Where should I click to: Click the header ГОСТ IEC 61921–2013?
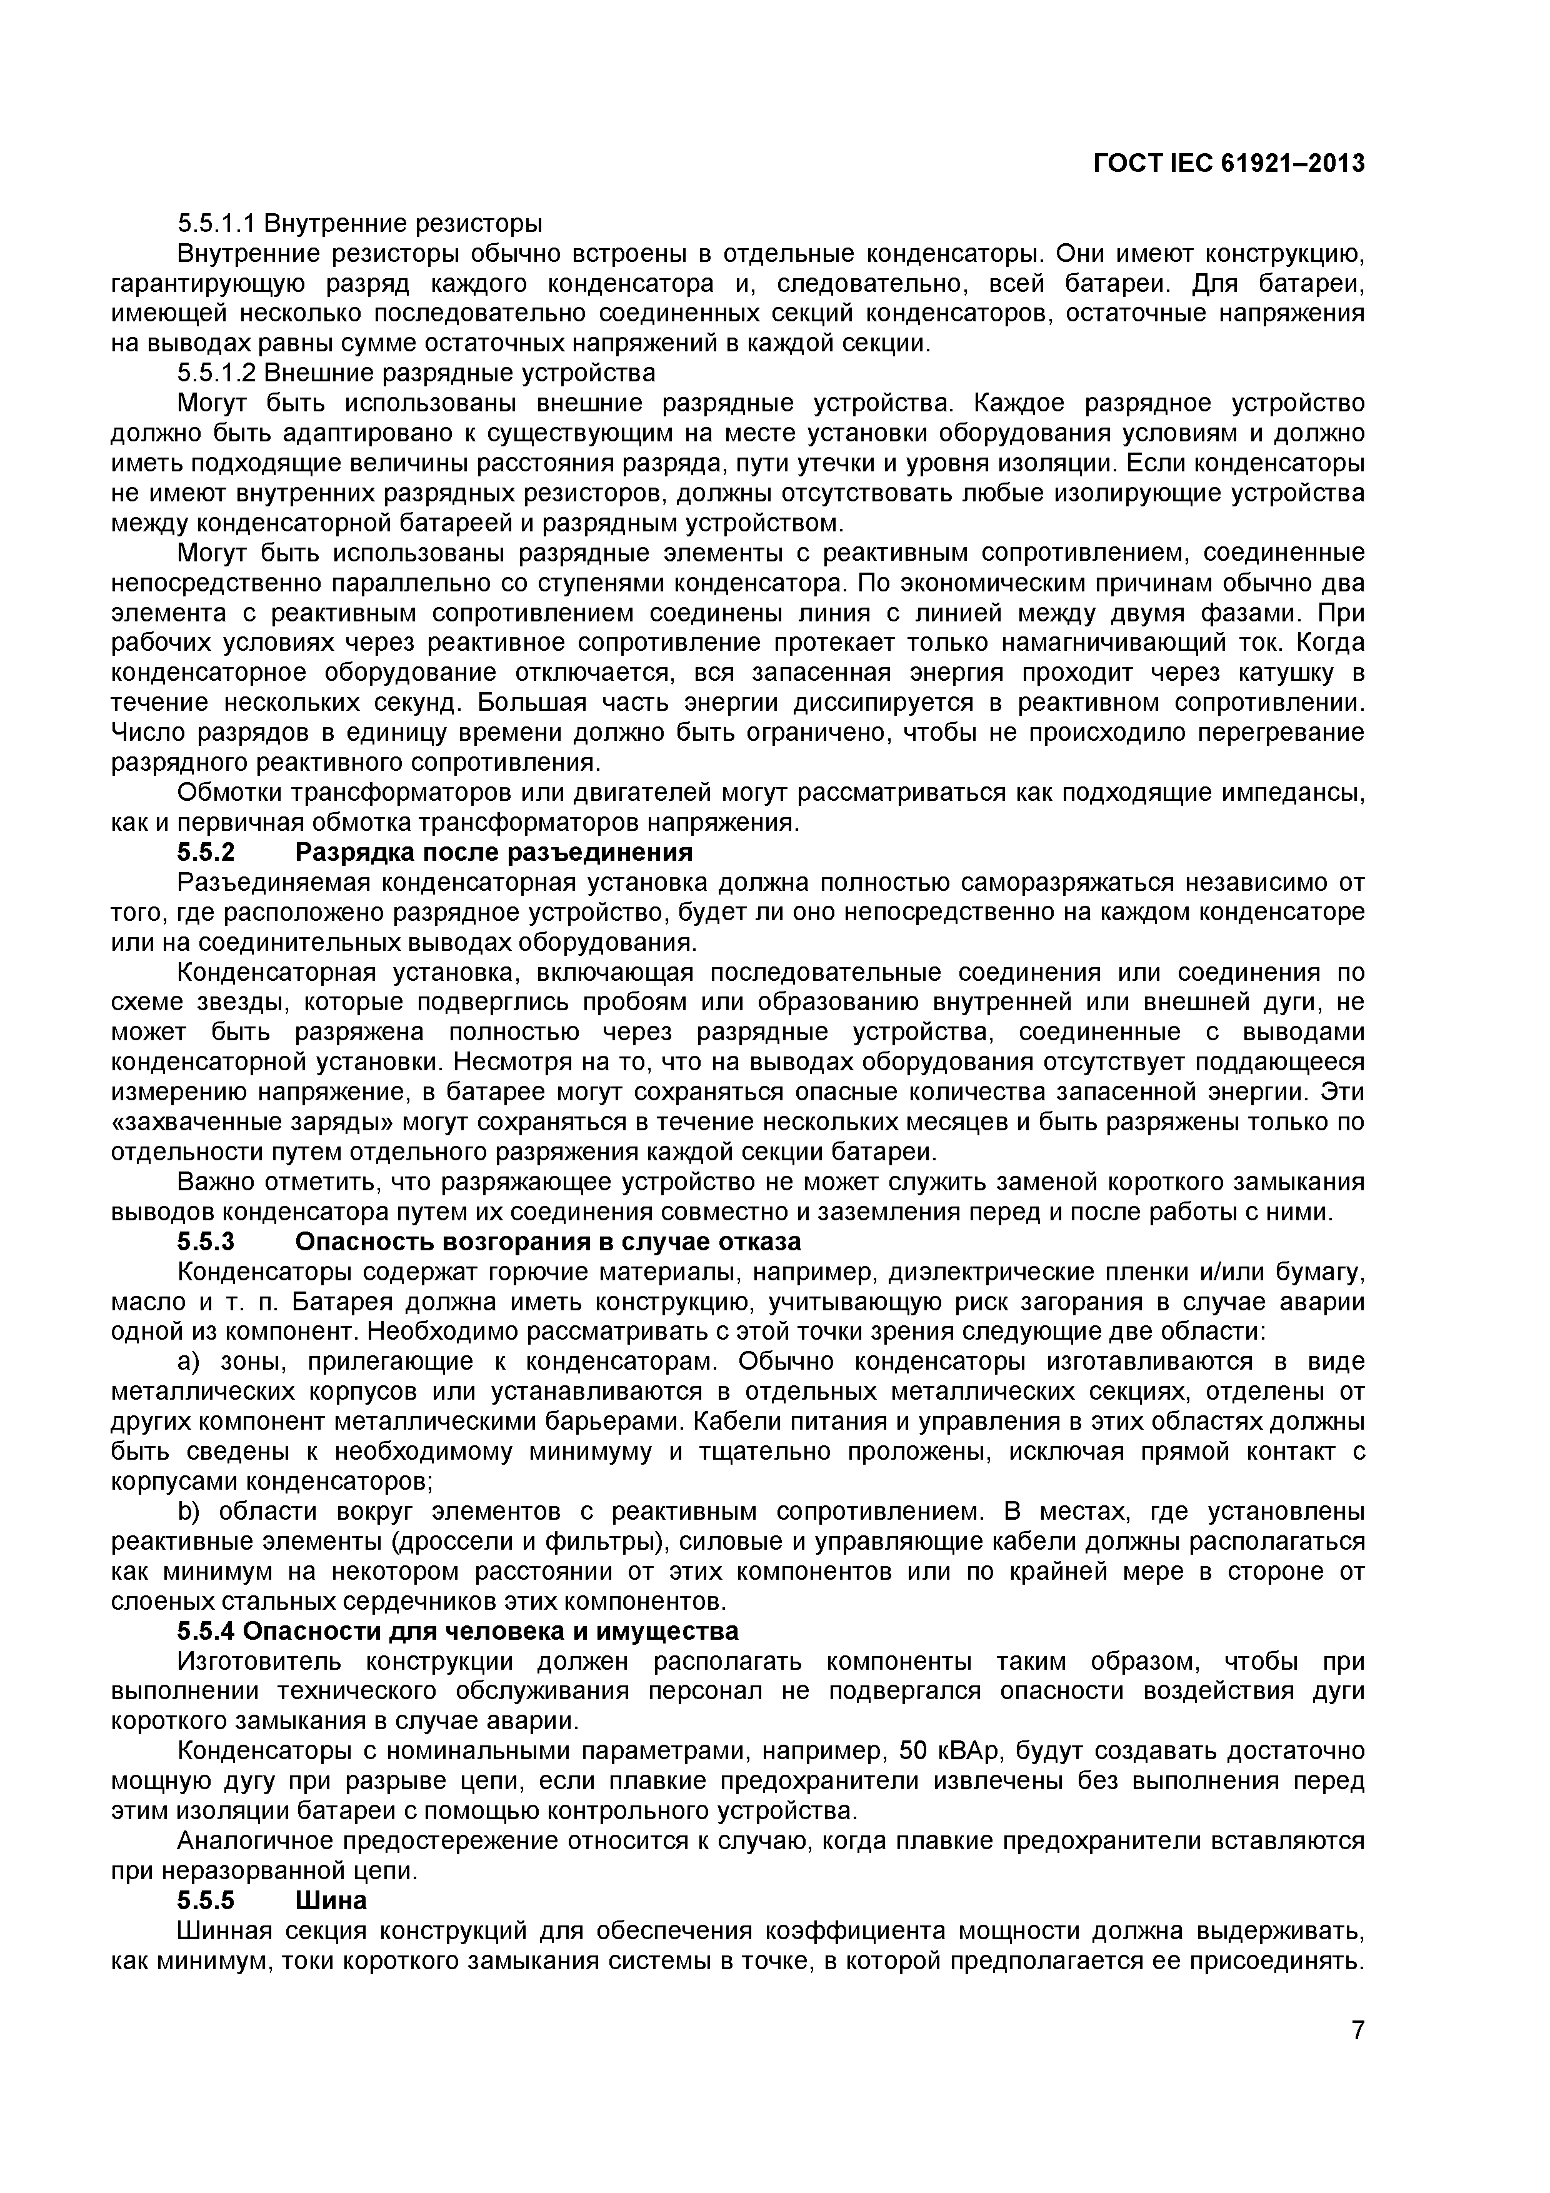pos(1228,164)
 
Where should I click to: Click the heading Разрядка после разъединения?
pos(494,852)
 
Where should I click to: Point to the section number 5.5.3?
pos(206,1242)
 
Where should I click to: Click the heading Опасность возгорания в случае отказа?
pos(548,1242)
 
